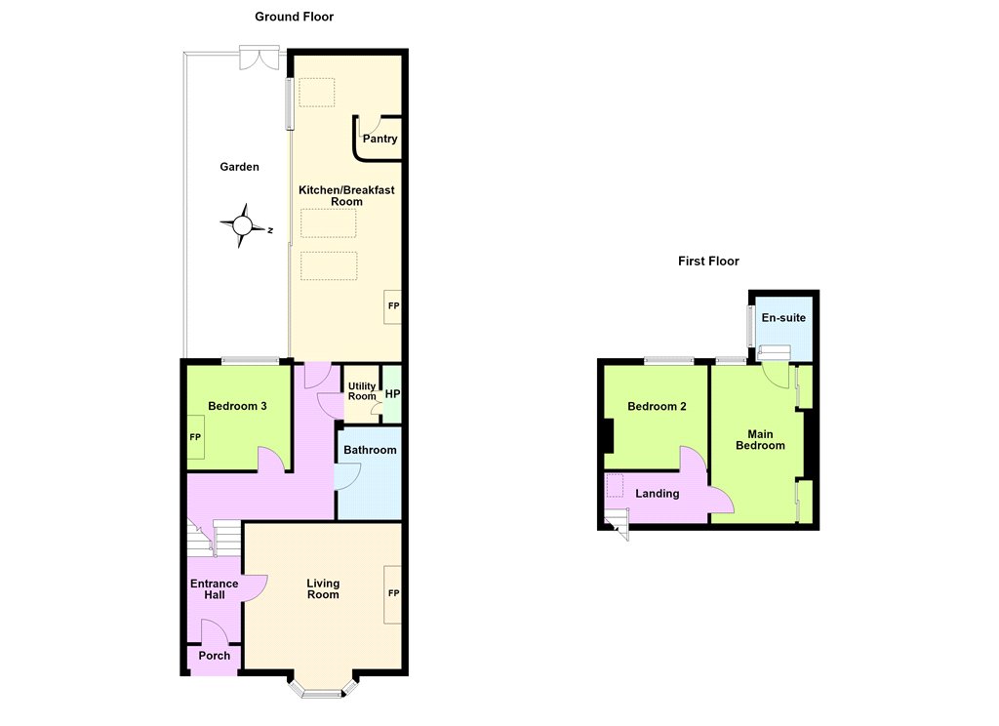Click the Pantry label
click(380, 139)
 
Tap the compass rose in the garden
click(243, 225)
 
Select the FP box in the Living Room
click(393, 594)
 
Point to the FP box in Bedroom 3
click(195, 437)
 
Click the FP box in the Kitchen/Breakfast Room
click(393, 306)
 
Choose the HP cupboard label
click(392, 394)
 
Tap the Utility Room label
click(362, 391)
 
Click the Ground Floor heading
click(295, 17)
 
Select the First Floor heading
click(708, 261)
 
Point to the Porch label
click(214, 655)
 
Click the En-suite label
click(783, 317)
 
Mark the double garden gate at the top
click(260, 58)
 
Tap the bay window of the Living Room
click(322, 687)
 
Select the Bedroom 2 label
click(657, 406)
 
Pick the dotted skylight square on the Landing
click(615, 486)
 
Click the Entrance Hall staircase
click(214, 538)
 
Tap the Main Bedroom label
click(760, 440)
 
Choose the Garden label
click(240, 167)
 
